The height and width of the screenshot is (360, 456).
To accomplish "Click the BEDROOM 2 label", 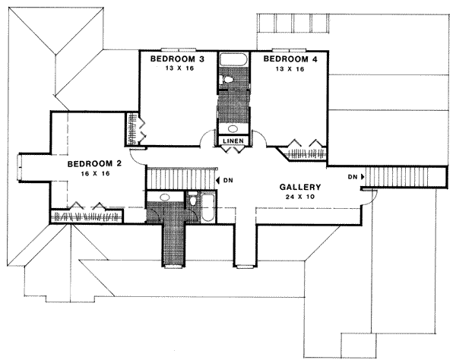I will pos(94,163).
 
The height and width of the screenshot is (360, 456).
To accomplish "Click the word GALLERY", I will pos(300,187).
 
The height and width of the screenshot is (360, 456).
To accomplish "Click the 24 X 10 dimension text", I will pos(300,196).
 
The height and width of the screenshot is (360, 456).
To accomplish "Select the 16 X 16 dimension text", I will pos(94,173).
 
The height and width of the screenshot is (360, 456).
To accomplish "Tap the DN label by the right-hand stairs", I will pos(353,177).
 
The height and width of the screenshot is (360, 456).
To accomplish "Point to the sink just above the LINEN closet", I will pos(233,127).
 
